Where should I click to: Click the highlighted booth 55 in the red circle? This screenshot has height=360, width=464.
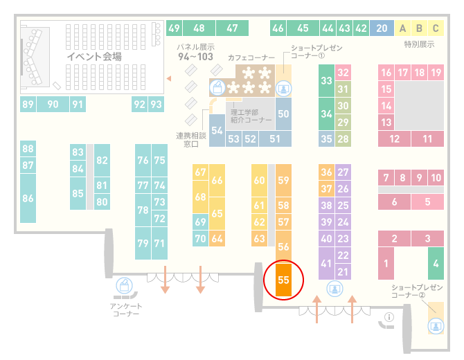point(283,280)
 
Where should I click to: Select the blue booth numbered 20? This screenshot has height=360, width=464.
point(382,28)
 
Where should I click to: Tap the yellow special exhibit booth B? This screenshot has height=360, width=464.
point(419,28)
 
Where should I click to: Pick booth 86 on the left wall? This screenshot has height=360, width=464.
point(28,198)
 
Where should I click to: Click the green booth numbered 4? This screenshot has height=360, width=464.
point(436,263)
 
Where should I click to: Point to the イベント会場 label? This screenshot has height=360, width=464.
point(94,56)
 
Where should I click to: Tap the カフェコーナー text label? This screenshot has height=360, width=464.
point(251,57)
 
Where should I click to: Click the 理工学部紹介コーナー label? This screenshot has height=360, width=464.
point(251,116)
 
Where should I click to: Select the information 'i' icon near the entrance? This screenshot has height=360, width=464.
point(389,317)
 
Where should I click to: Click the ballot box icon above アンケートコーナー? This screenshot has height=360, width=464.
point(124,285)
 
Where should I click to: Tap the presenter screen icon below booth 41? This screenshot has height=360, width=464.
point(334,289)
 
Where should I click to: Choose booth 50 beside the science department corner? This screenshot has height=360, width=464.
point(283,114)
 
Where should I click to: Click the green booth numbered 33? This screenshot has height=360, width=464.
point(326,80)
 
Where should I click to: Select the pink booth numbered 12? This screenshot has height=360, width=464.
point(395,138)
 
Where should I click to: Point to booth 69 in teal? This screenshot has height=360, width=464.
point(200,222)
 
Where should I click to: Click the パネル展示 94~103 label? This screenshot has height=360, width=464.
point(195,52)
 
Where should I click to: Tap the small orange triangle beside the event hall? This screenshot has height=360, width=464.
point(169,78)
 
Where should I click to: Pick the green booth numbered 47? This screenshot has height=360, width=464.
point(232,28)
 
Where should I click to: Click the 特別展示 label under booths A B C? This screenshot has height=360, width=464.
point(419,44)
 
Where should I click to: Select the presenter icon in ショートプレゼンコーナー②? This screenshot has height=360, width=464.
point(436,326)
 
